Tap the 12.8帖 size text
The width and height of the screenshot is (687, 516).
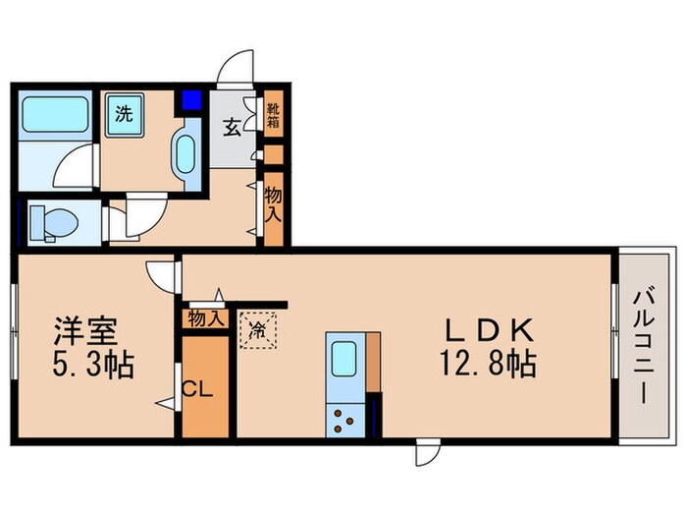tap(491, 366)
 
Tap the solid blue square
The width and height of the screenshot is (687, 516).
tap(190, 99)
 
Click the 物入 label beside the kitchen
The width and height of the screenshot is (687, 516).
tap(205, 318)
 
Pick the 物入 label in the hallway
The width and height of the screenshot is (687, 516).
tap(274, 202)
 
